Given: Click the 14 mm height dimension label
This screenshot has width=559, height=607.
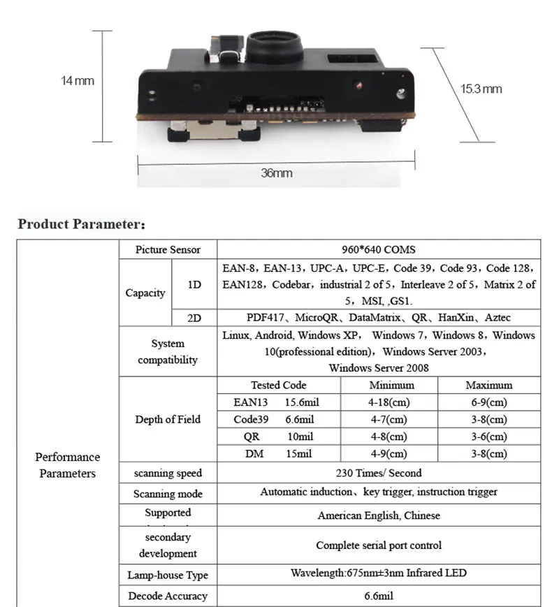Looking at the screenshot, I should click(77, 81).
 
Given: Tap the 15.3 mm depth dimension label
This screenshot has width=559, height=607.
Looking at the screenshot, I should click(481, 89).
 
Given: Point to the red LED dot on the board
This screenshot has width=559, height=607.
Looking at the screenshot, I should click(358, 87).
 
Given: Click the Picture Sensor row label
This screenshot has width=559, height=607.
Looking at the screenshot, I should click(168, 249).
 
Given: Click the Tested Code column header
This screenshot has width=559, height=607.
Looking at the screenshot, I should click(278, 385).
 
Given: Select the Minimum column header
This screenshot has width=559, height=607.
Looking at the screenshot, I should click(391, 385).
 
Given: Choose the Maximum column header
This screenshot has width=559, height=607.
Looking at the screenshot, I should click(488, 385).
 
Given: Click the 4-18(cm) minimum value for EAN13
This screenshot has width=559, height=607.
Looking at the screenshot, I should click(389, 402).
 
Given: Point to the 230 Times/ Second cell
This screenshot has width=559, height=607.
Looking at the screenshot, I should click(378, 473).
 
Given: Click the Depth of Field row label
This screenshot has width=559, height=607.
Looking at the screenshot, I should click(168, 419).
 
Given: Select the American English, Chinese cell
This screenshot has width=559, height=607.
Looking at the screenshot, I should click(378, 515).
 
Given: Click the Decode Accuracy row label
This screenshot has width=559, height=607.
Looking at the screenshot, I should click(168, 596).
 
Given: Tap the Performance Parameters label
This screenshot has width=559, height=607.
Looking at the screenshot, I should click(68, 465).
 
